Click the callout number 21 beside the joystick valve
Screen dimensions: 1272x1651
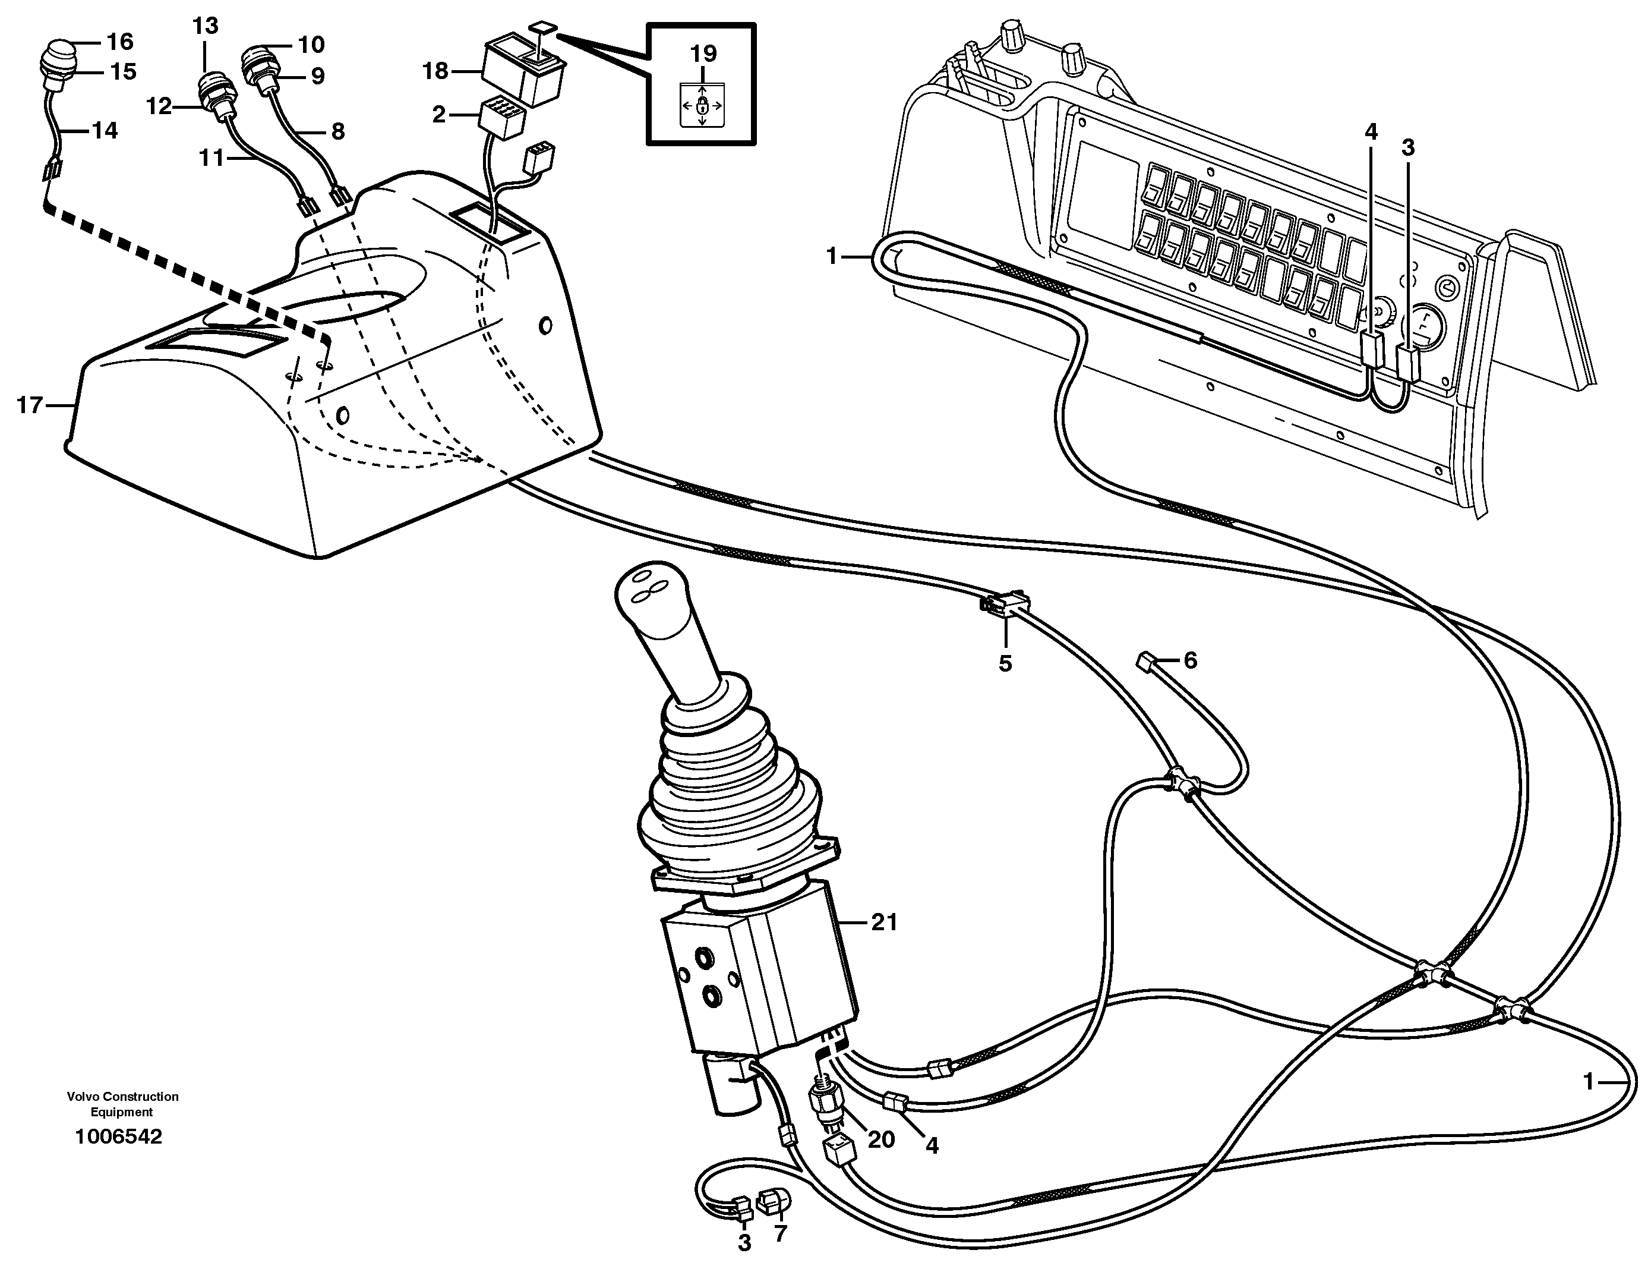tap(883, 922)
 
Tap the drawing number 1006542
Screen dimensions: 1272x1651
tap(119, 1136)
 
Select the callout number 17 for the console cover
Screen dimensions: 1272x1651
tap(30, 405)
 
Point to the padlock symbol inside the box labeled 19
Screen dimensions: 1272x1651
tap(702, 103)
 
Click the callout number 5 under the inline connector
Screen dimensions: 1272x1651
tap(1005, 663)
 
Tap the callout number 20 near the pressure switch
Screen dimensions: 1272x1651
tap(880, 1139)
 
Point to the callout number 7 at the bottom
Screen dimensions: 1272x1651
tap(780, 1233)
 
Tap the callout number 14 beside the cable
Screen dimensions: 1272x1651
tap(105, 131)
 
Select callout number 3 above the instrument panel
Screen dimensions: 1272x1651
tap(1407, 147)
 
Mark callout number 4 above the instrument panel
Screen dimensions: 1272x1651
tap(1371, 133)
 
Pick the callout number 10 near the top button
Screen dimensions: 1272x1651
tap(311, 45)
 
